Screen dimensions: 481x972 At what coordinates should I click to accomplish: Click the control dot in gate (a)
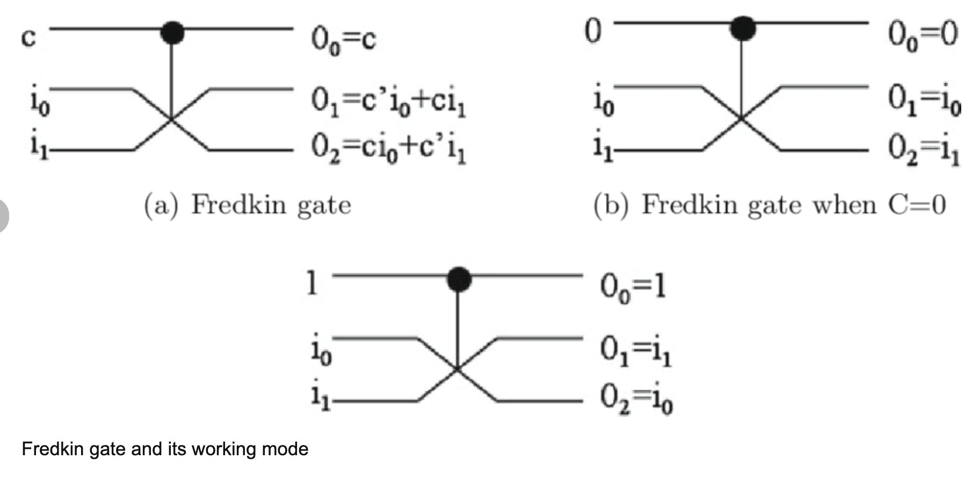[172, 33]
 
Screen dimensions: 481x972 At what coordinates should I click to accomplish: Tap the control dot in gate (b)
[743, 28]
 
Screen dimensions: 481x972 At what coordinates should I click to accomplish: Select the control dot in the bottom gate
[459, 279]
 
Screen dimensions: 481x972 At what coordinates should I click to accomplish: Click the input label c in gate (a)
[28, 38]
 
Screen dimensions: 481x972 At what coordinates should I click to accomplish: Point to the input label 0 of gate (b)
[592, 31]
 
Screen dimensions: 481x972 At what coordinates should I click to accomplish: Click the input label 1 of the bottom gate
[311, 283]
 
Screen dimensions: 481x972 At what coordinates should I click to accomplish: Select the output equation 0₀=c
[344, 40]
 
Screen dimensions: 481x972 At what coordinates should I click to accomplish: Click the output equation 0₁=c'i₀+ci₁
[388, 102]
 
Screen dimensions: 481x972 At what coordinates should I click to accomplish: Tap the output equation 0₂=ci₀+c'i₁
[388, 149]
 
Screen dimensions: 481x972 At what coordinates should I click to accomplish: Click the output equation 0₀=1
[633, 287]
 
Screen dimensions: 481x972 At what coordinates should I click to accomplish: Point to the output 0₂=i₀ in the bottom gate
[636, 399]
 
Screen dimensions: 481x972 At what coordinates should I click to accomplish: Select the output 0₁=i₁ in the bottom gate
[635, 352]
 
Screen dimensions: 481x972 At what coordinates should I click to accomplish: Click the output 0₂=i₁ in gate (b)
[923, 149]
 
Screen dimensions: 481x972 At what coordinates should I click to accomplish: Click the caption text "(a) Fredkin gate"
[248, 206]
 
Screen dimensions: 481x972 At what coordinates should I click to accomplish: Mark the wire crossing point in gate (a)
[172, 119]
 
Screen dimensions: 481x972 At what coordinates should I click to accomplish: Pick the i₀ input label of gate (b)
[603, 102]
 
